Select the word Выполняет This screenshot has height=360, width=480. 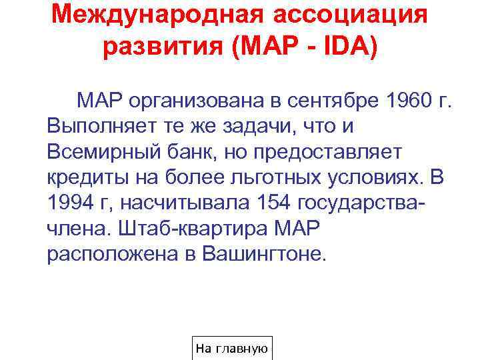(97, 127)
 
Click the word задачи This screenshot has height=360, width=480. (263, 127)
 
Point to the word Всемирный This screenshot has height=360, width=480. (101, 153)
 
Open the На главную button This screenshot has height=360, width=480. (231, 349)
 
